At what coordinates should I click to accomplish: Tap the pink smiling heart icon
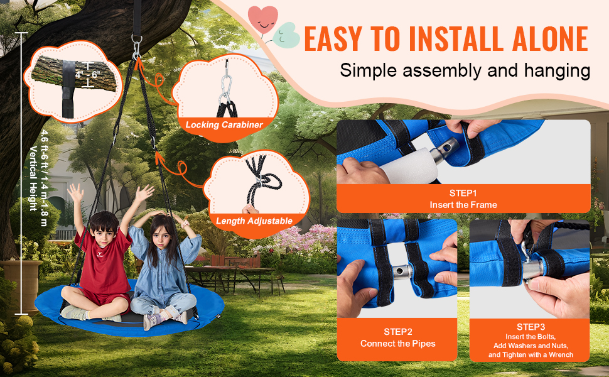point(263,20)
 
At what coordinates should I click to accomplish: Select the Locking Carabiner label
point(224,125)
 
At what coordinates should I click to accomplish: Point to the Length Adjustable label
point(254,221)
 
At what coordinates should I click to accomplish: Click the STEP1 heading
point(463,193)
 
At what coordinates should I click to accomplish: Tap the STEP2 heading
point(397,332)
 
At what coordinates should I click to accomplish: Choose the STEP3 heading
point(531,327)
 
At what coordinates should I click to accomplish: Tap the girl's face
point(160,235)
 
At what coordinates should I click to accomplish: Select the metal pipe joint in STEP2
point(400,270)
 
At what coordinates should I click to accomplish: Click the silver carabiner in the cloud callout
point(225,88)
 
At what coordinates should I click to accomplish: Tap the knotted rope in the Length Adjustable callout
point(261,182)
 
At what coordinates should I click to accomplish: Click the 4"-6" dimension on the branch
point(88,74)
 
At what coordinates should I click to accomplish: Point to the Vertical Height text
point(34,179)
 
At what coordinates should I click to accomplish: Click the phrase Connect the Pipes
point(397,344)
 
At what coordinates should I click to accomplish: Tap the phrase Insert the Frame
point(463,205)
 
